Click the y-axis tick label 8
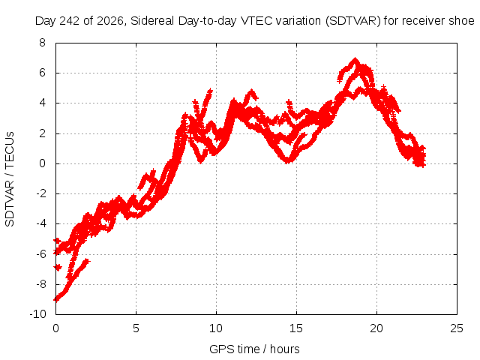coord(42,43)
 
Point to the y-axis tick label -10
coord(38,313)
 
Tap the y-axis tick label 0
coord(42,163)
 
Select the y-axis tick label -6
coord(40,253)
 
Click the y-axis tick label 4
coord(42,103)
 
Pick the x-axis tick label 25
coord(457,328)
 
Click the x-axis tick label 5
coord(136,328)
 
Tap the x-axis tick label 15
coord(296,328)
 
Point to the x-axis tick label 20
coord(376,328)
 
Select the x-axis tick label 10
coord(216,328)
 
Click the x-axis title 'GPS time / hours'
coord(254,349)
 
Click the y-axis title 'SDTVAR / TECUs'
coord(10,179)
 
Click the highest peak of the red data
coord(355,58)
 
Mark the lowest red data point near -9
coord(56,298)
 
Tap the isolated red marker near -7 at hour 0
coord(58,268)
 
